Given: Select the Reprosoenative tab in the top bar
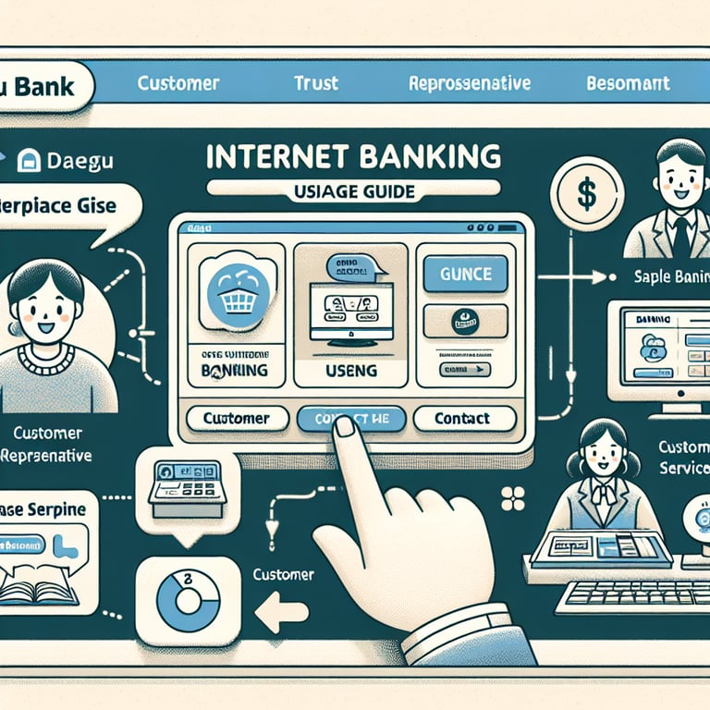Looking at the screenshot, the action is [x=469, y=83].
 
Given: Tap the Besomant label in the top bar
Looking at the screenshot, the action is [x=628, y=83].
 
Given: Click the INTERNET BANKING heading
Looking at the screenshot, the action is [x=354, y=155].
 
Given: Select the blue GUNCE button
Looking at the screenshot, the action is [x=464, y=274].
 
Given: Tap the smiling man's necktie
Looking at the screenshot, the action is [x=681, y=238].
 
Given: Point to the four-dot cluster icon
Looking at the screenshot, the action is [x=511, y=498].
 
